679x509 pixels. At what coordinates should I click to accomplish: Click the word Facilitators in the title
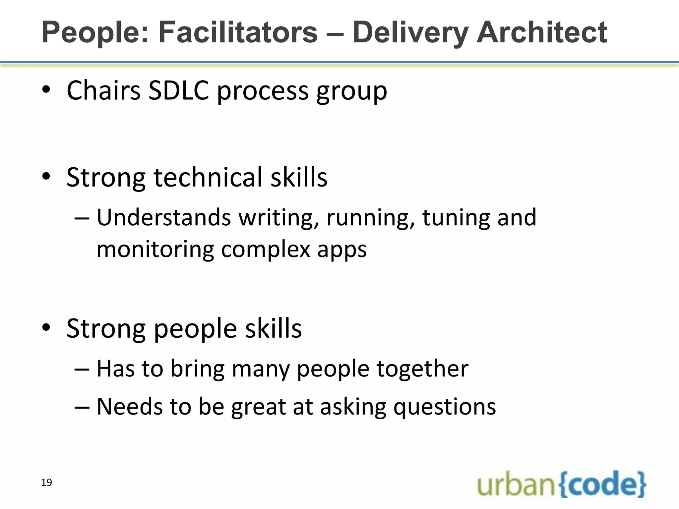click(238, 32)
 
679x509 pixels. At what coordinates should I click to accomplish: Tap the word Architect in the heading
click(541, 32)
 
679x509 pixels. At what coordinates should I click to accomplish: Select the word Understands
click(164, 217)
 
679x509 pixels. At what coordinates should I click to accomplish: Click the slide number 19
click(46, 482)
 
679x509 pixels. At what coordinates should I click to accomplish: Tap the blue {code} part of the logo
click(602, 484)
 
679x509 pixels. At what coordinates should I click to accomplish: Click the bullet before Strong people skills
click(46, 328)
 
